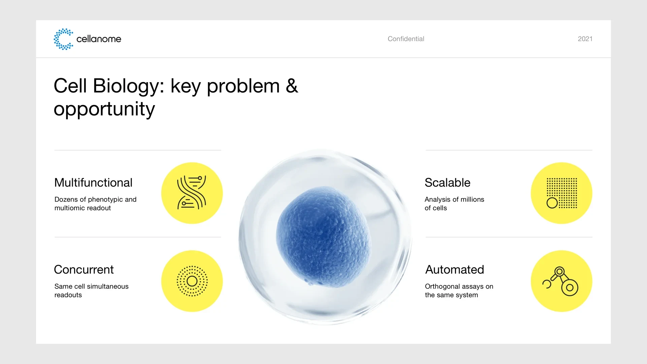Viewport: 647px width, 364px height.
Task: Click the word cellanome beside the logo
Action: click(99, 39)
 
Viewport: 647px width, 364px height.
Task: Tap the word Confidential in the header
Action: click(406, 39)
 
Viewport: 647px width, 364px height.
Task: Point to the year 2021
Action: click(585, 39)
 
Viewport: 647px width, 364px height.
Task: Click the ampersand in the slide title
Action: click(292, 86)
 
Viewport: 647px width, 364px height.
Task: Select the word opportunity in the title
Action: click(104, 109)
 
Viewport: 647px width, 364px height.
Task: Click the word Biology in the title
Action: click(128, 86)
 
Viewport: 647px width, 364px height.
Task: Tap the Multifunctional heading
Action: click(93, 182)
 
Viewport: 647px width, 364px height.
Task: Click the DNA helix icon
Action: click(192, 192)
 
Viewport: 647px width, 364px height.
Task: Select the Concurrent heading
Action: click(84, 269)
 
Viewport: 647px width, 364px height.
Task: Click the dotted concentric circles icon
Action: click(192, 281)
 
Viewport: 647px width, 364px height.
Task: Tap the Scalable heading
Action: click(447, 182)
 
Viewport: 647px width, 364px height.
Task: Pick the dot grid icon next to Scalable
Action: click(562, 193)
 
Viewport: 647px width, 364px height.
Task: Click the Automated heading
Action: click(454, 269)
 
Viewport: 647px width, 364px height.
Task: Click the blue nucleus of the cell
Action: click(323, 237)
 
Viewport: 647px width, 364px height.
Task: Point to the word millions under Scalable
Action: click(472, 199)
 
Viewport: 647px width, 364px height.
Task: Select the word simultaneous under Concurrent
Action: click(108, 286)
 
